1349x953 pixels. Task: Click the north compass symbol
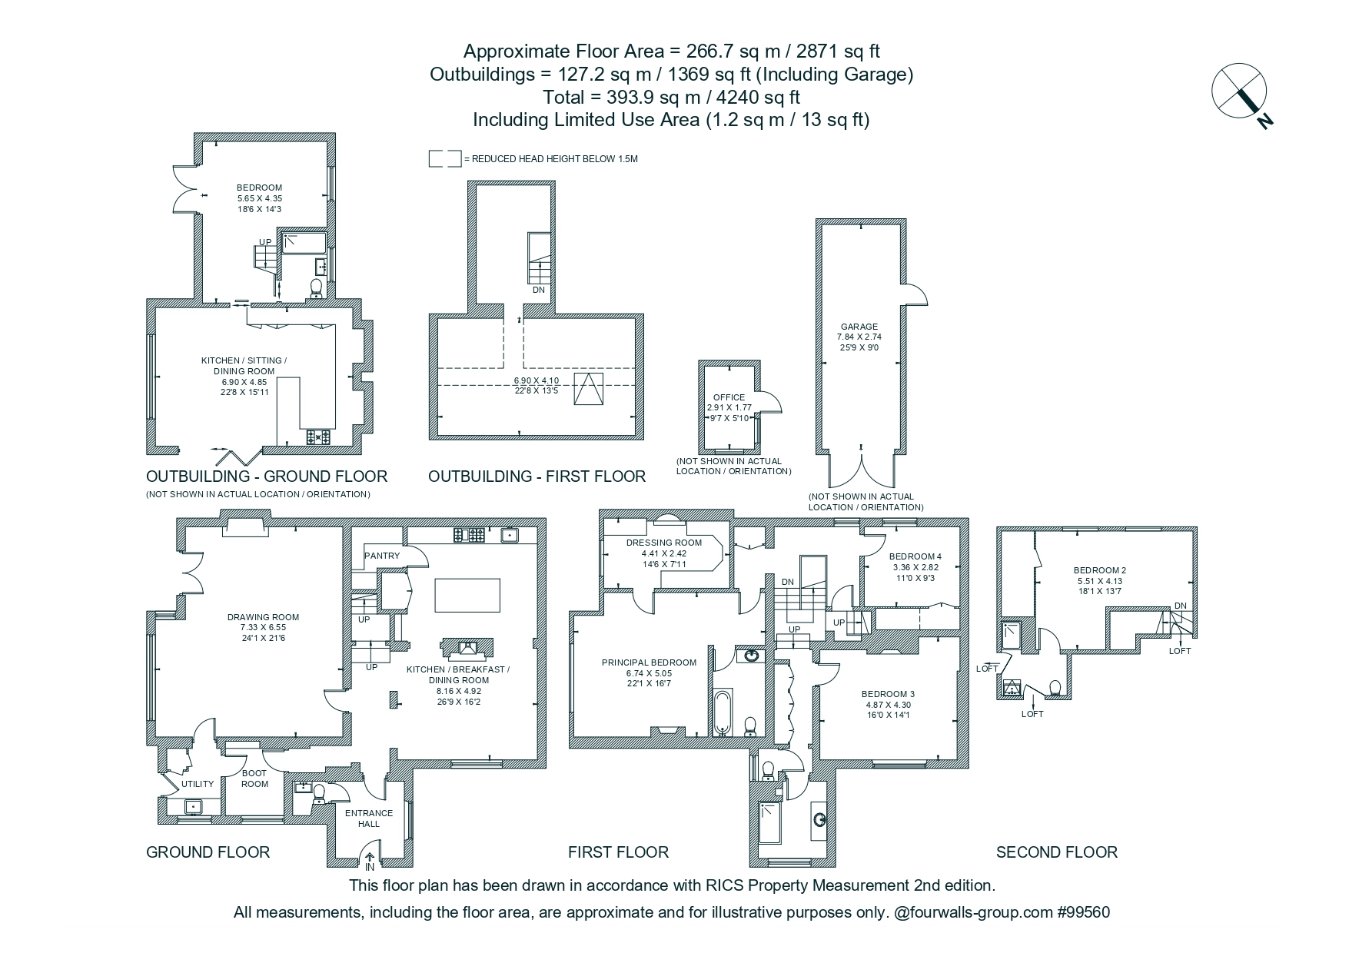(1241, 94)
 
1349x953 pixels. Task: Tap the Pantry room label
(382, 556)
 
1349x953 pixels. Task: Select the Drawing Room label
(263, 617)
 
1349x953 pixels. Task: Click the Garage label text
(859, 327)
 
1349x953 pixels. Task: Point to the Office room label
(729, 397)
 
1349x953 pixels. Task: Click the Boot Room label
(254, 779)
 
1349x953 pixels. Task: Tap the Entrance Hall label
(369, 819)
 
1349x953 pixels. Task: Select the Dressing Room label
(653, 543)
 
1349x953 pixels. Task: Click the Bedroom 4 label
(915, 556)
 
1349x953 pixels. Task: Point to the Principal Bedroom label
(649, 662)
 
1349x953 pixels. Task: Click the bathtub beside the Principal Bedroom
(723, 712)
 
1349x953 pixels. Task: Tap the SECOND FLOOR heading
(1056, 852)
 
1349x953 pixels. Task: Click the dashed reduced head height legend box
(445, 159)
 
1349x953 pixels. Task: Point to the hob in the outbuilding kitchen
(318, 437)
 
